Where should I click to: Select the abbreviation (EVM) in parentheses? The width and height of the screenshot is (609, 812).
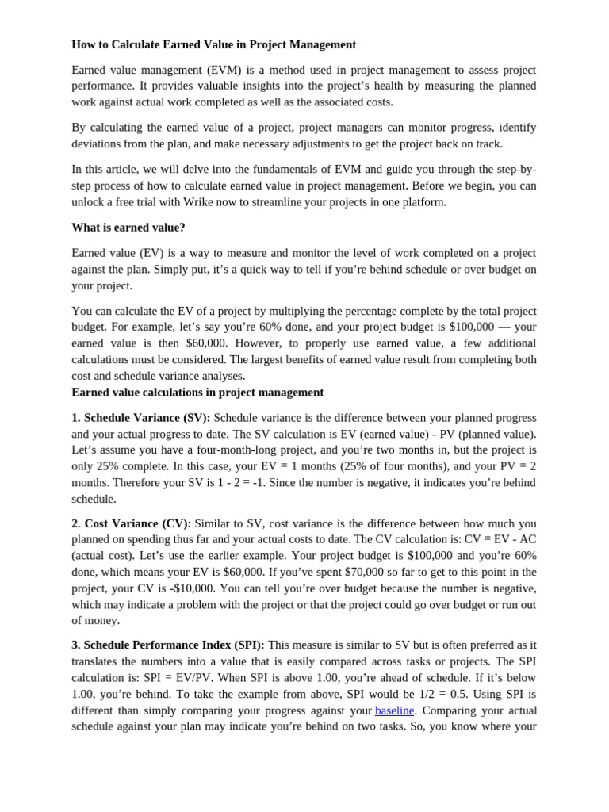[228, 70]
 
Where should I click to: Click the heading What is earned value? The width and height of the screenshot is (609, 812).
[128, 228]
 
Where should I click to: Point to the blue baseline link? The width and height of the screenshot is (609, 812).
[394, 710]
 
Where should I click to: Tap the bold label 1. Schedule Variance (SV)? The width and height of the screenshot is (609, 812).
[140, 418]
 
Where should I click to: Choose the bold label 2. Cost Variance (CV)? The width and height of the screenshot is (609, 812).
[131, 523]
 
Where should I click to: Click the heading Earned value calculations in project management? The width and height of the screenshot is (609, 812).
[197, 393]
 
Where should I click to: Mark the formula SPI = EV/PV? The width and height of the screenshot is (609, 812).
[178, 678]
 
